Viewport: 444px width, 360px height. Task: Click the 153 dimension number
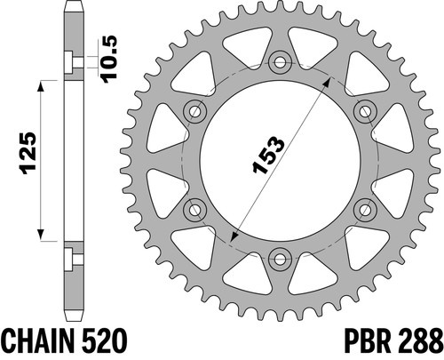[268, 155]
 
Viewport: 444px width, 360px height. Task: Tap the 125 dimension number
[28, 153]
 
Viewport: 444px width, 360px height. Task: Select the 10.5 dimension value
[109, 59]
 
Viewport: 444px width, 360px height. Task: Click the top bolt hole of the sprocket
[280, 62]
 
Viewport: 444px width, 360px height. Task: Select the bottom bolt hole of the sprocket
[280, 260]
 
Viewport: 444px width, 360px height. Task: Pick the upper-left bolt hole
[194, 112]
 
